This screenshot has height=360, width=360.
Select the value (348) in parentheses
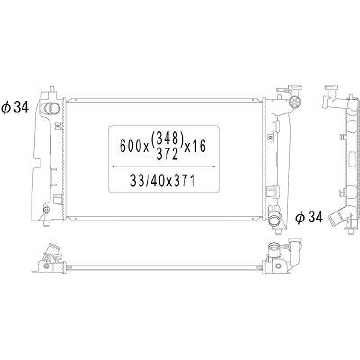[x=168, y=137]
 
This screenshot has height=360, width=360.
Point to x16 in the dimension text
[x=195, y=146]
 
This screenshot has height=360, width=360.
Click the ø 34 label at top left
[x=15, y=108]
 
